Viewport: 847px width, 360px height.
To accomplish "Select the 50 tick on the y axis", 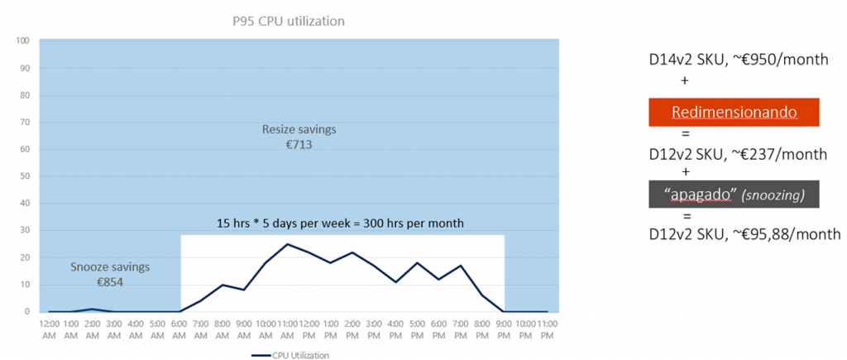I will [x=25, y=176].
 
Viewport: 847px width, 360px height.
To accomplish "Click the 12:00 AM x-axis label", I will [x=49, y=329].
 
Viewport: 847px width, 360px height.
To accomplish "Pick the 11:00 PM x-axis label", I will [x=548, y=329].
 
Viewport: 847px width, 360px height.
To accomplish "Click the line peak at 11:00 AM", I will [x=287, y=244].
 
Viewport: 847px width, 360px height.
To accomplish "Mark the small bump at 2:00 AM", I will [x=93, y=309].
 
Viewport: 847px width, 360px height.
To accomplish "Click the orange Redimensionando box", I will [x=734, y=112].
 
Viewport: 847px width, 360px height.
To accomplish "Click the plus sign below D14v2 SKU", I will [x=684, y=80].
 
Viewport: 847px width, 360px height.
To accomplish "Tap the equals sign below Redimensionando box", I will [x=684, y=133].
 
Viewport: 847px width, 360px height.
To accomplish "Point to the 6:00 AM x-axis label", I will [x=179, y=329].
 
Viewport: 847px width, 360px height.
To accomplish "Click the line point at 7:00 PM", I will [x=461, y=266].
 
